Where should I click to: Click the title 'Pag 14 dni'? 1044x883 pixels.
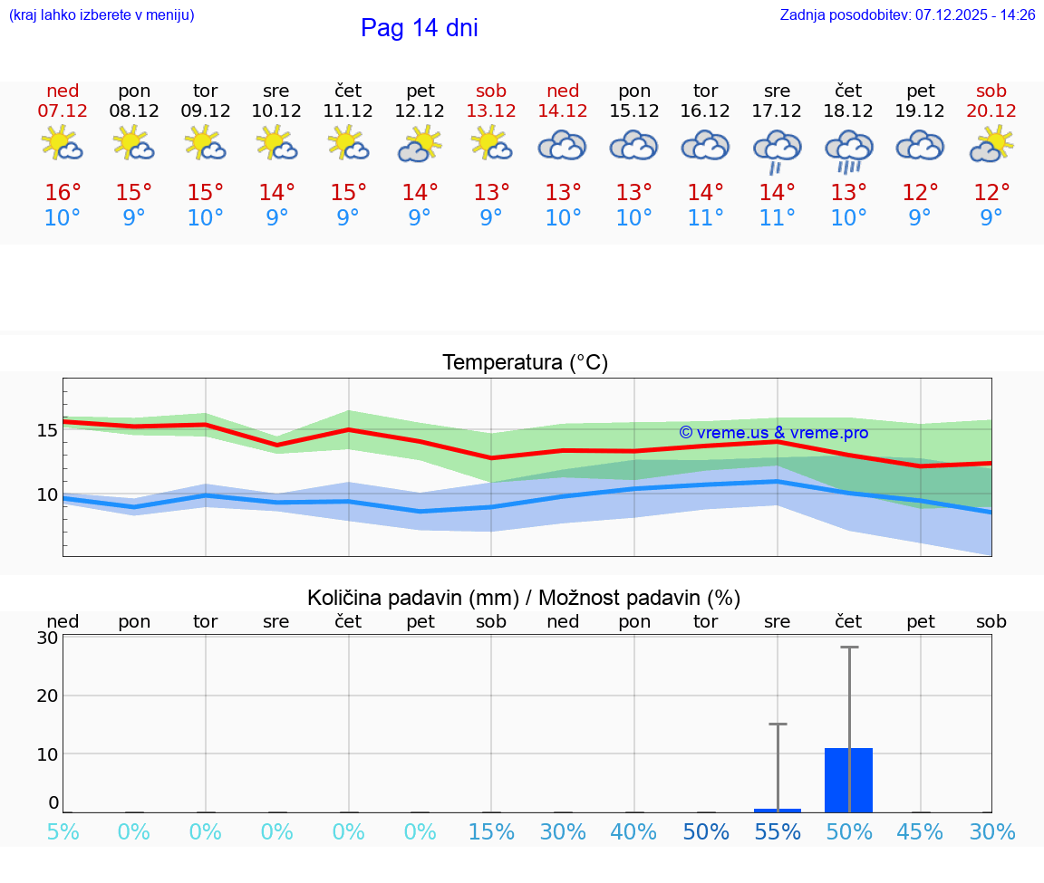tap(419, 28)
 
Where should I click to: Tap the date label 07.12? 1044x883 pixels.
tap(63, 111)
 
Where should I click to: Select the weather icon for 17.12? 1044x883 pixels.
tap(777, 149)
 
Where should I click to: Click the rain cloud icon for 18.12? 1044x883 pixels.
tap(848, 149)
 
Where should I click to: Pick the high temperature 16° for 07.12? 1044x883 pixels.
tap(63, 193)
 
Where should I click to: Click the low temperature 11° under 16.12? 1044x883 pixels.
tap(705, 218)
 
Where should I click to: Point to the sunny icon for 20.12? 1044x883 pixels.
tap(991, 144)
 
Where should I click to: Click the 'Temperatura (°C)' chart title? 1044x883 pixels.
tap(525, 362)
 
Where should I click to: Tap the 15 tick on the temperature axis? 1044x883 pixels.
tap(47, 429)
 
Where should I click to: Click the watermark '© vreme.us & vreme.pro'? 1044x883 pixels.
tap(773, 433)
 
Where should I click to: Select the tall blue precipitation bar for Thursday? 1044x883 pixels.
tap(848, 780)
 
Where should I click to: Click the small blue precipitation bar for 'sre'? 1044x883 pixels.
tap(778, 810)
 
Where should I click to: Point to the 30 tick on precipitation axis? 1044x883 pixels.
tap(47, 638)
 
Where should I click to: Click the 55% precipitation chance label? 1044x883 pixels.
tap(778, 832)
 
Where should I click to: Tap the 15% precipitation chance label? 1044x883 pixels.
tap(491, 832)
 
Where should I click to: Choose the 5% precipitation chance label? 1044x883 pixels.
tap(63, 832)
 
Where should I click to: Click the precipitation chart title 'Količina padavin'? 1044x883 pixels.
tap(524, 598)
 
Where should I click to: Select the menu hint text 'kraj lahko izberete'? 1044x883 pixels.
tap(101, 15)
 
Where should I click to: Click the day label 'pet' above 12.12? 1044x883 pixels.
tap(420, 91)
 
